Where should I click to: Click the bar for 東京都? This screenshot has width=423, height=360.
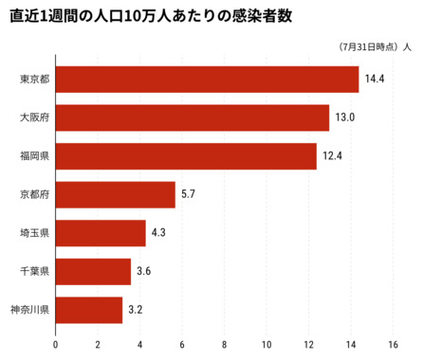pyautogui.click(x=207, y=80)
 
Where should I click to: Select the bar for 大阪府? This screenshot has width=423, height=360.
pyautogui.click(x=192, y=118)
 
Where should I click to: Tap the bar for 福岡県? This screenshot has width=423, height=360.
pyautogui.click(x=186, y=156)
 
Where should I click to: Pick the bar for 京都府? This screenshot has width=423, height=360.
pyautogui.click(x=116, y=195)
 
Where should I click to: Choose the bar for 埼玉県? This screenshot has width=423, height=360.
pyautogui.click(x=101, y=233)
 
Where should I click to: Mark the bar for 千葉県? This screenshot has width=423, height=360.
pyautogui.click(x=93, y=272)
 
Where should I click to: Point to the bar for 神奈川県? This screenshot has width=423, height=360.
pyautogui.click(x=89, y=310)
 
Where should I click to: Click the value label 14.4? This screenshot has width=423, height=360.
pyautogui.click(x=374, y=80)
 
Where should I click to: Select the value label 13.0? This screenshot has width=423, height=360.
pyautogui.click(x=344, y=118)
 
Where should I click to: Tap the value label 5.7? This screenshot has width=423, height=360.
pyautogui.click(x=188, y=195)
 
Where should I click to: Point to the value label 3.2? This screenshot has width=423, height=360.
pyautogui.click(x=136, y=310)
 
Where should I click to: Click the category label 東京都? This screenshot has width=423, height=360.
pyautogui.click(x=34, y=80)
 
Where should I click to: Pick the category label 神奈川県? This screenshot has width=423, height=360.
pyautogui.click(x=28, y=310)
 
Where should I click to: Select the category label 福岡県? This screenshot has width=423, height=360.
pyautogui.click(x=34, y=156)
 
